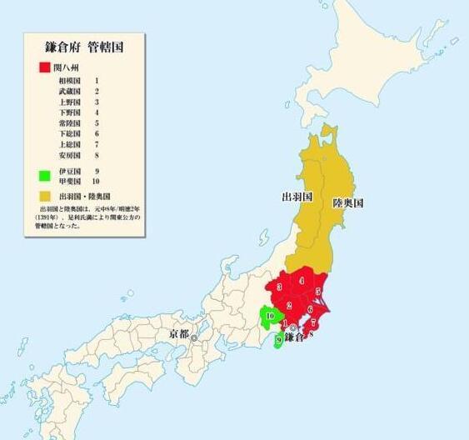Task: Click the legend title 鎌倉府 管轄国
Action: pos(84,47)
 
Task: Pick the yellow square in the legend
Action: pos(42,194)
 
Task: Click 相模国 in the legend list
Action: pos(69,80)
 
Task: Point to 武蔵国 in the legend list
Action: pos(69,91)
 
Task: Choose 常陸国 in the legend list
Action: pos(69,122)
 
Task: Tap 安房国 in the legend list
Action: pos(69,155)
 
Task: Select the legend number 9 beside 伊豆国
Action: pos(97,170)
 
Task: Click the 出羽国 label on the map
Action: pos(296,197)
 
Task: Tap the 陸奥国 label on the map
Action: pos(348,202)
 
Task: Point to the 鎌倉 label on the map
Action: pos(299,337)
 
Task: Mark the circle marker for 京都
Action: pos(194,338)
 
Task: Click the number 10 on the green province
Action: pos(269,316)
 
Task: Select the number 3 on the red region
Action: pos(280,287)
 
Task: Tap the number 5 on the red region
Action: pos(318,291)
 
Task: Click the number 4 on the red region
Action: pos(301,282)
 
